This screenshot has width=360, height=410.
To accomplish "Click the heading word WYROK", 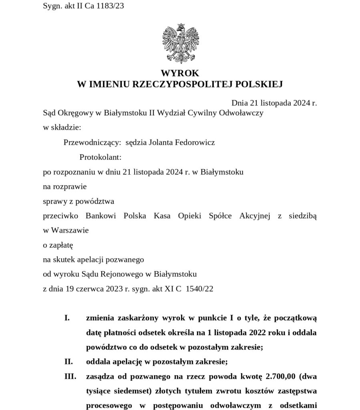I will (x=180, y=73).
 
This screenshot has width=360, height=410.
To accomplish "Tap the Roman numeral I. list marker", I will (x=67, y=318).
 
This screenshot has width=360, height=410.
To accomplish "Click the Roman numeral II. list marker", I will (x=68, y=362).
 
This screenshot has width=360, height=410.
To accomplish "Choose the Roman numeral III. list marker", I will (x=69, y=377).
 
